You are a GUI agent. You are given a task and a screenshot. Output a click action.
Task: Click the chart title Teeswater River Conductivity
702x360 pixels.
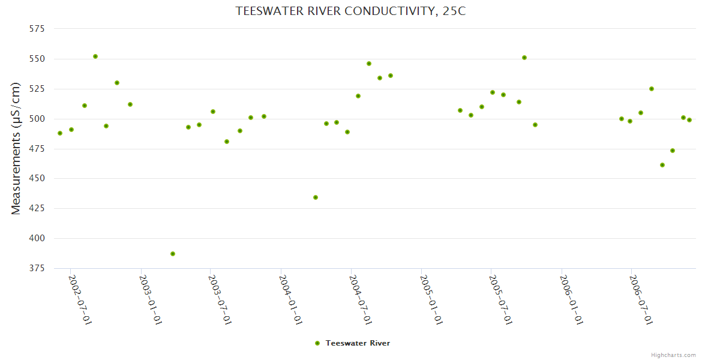click(x=350, y=11)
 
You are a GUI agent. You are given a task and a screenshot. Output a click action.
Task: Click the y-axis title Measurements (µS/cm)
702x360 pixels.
click(x=16, y=148)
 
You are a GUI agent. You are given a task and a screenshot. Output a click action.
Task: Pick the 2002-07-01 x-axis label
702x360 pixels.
click(x=80, y=300)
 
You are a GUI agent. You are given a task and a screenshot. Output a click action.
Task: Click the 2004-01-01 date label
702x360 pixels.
click(x=290, y=300)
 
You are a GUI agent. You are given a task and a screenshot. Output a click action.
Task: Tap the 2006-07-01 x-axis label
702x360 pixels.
click(x=641, y=300)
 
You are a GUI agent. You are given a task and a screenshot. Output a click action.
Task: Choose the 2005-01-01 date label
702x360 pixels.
click(x=431, y=300)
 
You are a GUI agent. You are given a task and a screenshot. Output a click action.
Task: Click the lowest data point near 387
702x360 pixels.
click(x=173, y=254)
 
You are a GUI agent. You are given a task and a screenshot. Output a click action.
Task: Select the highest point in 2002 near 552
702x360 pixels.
click(x=95, y=56)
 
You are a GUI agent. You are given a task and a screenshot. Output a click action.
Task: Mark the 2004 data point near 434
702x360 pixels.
click(x=316, y=197)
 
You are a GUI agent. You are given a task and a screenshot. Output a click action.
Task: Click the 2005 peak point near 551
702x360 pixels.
click(x=524, y=58)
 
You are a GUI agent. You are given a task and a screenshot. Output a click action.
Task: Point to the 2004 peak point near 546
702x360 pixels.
click(x=369, y=64)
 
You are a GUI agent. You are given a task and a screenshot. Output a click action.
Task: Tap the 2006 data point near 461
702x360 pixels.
click(x=662, y=165)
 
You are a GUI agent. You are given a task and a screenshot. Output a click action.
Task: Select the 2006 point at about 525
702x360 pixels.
click(x=652, y=89)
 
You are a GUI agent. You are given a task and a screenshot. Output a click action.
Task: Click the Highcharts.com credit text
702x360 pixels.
click(x=673, y=355)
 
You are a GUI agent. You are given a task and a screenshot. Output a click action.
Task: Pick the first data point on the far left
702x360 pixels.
click(x=60, y=133)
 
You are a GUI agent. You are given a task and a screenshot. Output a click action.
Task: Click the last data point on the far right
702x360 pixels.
click(x=689, y=120)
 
